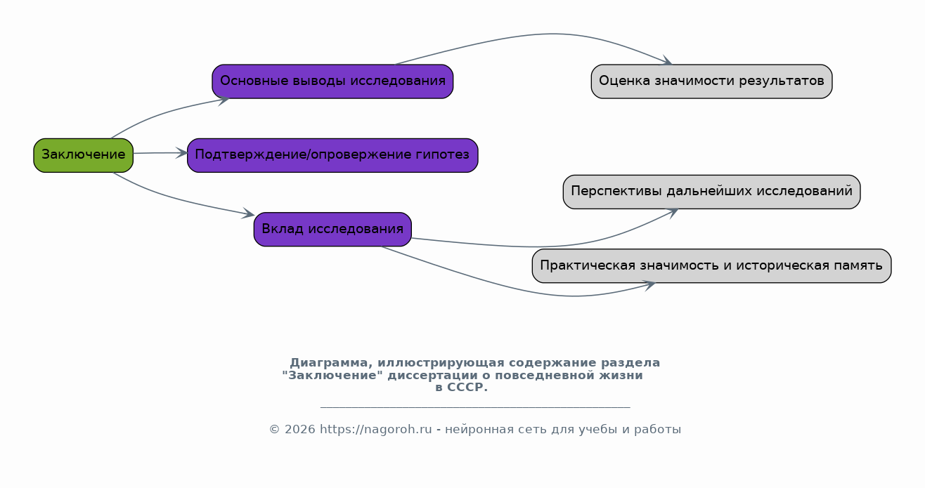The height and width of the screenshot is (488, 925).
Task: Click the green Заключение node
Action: click(x=84, y=155)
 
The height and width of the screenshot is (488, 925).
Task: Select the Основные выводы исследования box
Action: click(x=332, y=81)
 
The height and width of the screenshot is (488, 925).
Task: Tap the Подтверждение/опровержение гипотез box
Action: click(x=332, y=155)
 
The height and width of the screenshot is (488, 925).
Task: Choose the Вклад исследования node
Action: click(x=332, y=230)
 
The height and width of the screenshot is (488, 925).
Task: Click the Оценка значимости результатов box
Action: click(x=711, y=81)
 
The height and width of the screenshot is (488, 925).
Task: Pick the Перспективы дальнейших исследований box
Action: click(x=711, y=192)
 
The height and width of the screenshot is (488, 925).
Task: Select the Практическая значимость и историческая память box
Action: click(x=711, y=265)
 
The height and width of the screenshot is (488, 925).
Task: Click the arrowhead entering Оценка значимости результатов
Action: click(x=666, y=60)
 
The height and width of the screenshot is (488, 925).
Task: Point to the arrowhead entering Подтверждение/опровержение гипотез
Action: click(x=181, y=153)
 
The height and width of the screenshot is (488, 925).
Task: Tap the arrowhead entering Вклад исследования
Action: click(x=248, y=213)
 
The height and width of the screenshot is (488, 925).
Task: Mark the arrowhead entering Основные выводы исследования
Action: click(x=224, y=100)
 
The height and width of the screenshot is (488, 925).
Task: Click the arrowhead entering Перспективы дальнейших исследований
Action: click(x=672, y=213)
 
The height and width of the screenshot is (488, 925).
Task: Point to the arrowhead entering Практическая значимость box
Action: click(x=649, y=285)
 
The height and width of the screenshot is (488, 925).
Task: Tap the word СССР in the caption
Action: click(x=467, y=388)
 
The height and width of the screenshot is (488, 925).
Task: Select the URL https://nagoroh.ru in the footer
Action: click(x=376, y=430)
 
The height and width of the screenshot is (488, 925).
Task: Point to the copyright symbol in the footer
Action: click(x=275, y=430)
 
